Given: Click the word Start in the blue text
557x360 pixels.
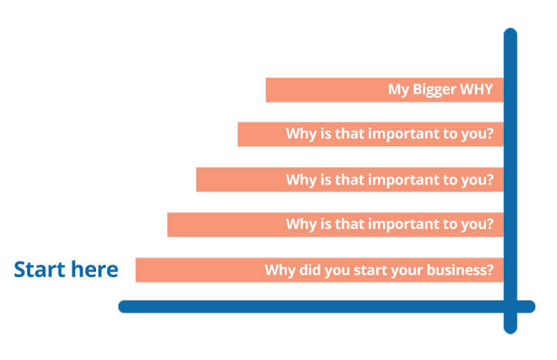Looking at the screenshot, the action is click(x=39, y=269).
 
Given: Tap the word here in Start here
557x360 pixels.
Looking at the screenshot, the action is click(x=95, y=269).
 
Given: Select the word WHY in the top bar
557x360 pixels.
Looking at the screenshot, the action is click(x=476, y=89).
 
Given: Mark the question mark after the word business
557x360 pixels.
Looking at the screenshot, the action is click(x=490, y=269).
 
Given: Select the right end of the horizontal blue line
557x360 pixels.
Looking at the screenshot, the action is click(x=534, y=306).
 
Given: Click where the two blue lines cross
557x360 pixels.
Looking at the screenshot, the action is click(x=510, y=306).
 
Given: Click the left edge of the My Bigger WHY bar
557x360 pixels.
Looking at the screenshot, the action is click(x=266, y=90).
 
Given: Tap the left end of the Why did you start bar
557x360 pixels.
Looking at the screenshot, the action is click(x=136, y=270).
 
